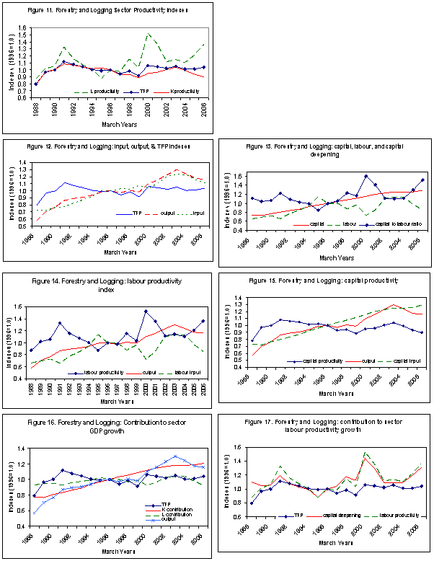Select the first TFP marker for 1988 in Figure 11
tap(36, 84)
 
